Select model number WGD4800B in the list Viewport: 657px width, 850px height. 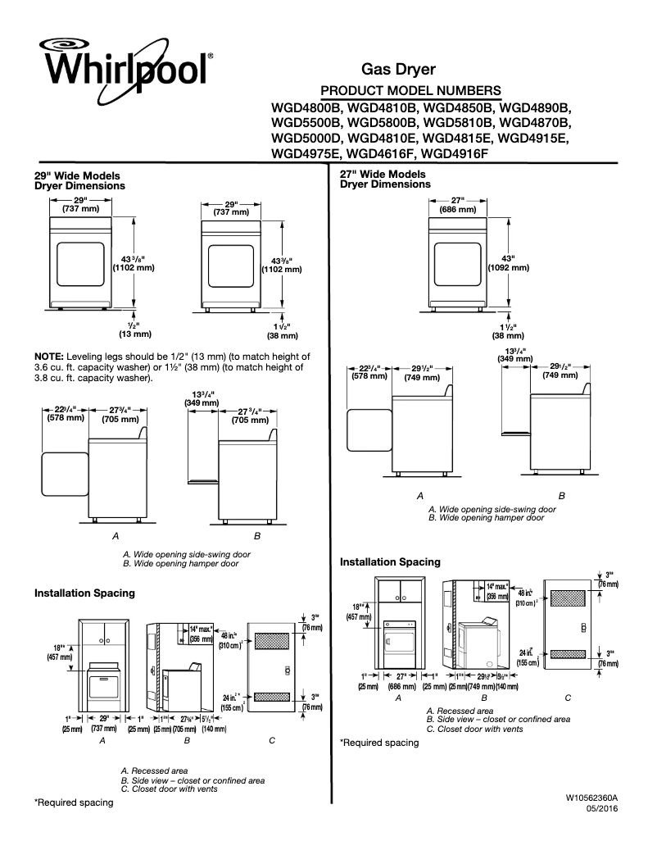tap(306, 107)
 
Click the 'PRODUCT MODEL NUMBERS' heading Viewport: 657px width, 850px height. tap(410, 89)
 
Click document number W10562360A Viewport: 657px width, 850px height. tap(591, 797)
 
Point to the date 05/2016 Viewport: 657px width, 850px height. tap(602, 809)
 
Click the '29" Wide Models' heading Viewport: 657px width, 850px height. tap(77, 176)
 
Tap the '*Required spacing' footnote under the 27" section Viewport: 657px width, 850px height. tap(379, 743)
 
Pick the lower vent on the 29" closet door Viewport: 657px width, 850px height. tap(273, 697)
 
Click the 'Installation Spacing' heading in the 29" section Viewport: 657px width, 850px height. tap(84, 592)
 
